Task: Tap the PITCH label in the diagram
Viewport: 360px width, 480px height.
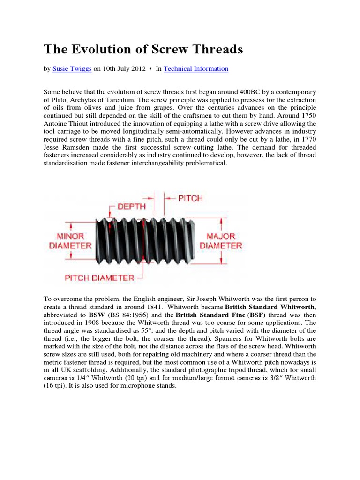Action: (x=190, y=198)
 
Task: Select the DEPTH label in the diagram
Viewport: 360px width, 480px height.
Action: (x=132, y=206)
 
